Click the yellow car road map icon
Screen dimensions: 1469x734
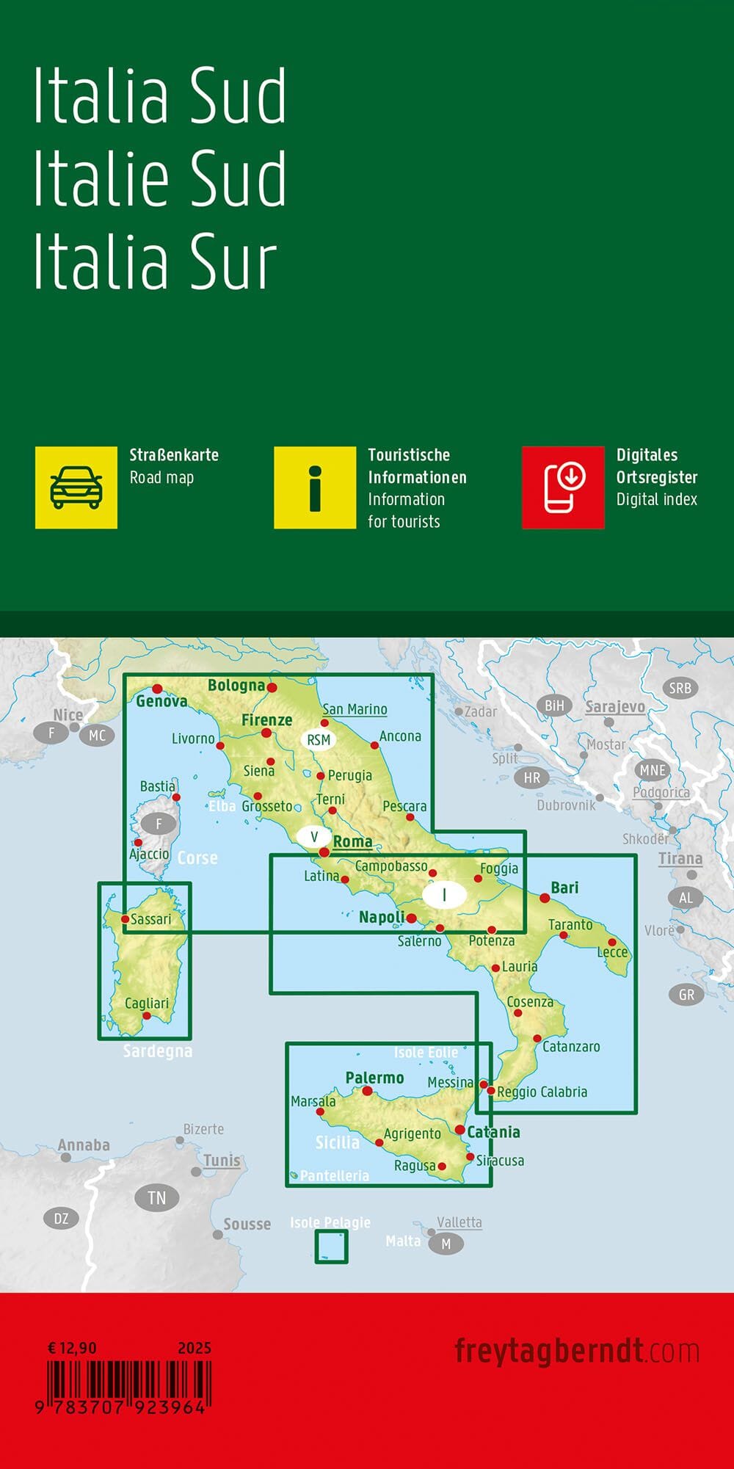point(76,487)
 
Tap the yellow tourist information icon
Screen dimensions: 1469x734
point(314,487)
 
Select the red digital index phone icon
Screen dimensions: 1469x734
point(563,487)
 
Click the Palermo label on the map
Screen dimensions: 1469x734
point(374,1078)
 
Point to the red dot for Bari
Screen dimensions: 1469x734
point(545,897)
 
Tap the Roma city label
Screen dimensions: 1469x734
point(352,841)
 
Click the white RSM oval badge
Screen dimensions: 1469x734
point(319,740)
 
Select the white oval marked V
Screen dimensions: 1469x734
point(314,836)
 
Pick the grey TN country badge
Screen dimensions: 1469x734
point(156,1198)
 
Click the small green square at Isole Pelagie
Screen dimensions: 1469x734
point(331,1247)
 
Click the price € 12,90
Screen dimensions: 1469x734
point(72,1348)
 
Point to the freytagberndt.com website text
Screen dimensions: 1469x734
point(576,1351)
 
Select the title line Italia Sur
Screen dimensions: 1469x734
point(156,261)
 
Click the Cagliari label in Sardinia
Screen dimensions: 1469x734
point(147,1003)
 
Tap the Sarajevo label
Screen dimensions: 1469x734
point(615,707)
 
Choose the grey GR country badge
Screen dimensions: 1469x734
point(686,995)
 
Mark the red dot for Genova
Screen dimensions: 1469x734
point(157,689)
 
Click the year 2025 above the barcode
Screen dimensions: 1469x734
point(195,1348)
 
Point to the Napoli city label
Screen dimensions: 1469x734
point(382,917)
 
